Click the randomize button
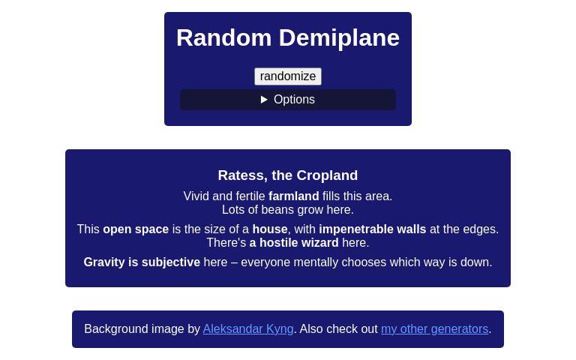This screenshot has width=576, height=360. click(288, 76)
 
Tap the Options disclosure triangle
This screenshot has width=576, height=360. click(264, 100)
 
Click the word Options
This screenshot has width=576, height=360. click(294, 100)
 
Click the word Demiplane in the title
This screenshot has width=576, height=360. click(339, 37)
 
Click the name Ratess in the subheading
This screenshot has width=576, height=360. click(241, 175)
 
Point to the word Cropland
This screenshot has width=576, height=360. click(327, 175)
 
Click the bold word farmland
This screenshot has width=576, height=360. click(293, 196)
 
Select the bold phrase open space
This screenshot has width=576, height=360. click(136, 229)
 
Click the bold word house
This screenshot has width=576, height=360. click(270, 229)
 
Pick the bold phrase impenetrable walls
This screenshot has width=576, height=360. click(372, 229)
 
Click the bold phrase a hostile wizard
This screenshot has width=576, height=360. click(294, 243)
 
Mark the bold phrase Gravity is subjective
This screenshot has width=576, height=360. click(142, 262)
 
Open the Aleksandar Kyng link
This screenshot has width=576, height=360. click(247, 329)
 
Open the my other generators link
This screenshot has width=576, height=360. click(434, 329)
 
